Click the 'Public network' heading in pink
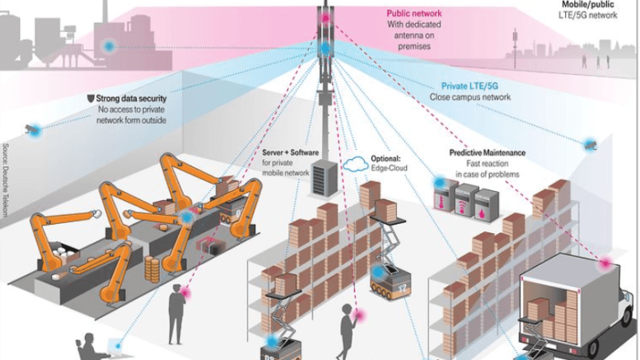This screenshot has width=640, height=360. pyautogui.click(x=414, y=14)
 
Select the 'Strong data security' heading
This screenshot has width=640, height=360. pyautogui.click(x=132, y=99)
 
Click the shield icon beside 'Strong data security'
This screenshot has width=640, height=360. pyautogui.click(x=90, y=99)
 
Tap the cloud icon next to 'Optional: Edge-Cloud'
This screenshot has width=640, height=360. pyautogui.click(x=357, y=162)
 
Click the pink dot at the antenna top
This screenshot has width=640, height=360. pyautogui.click(x=325, y=16)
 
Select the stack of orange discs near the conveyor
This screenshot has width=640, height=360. pyautogui.click(x=152, y=269)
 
